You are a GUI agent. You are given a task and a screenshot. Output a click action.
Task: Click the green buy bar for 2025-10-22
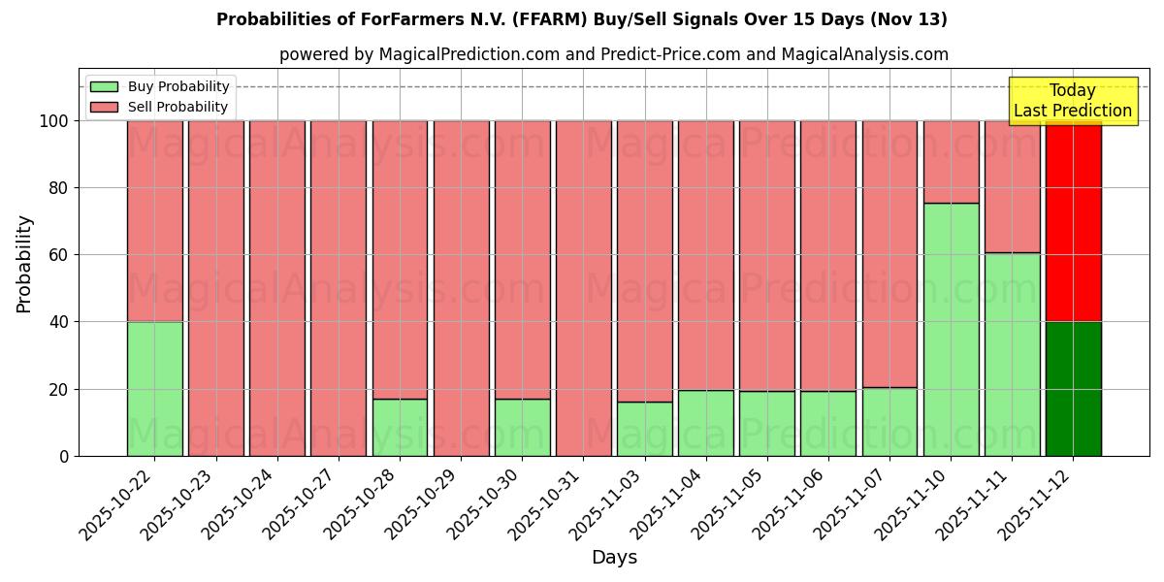[x=155, y=389]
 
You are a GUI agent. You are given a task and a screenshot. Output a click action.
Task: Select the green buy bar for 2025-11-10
[x=951, y=330]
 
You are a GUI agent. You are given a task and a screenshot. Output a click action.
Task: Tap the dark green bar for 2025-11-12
[x=1073, y=389]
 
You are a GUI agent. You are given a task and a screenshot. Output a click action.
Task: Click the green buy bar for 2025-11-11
[x=1012, y=354]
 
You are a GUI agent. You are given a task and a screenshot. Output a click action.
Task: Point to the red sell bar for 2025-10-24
[x=277, y=288]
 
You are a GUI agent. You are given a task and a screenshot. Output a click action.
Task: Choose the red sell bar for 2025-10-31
[x=583, y=288]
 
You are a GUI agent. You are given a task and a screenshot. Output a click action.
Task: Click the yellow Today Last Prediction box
[x=1072, y=101]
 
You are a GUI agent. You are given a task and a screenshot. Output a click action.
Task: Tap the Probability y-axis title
[x=24, y=264]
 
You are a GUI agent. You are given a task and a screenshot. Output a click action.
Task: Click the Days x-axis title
[x=614, y=557]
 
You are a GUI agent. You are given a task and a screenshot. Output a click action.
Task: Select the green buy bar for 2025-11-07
[x=889, y=422]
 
